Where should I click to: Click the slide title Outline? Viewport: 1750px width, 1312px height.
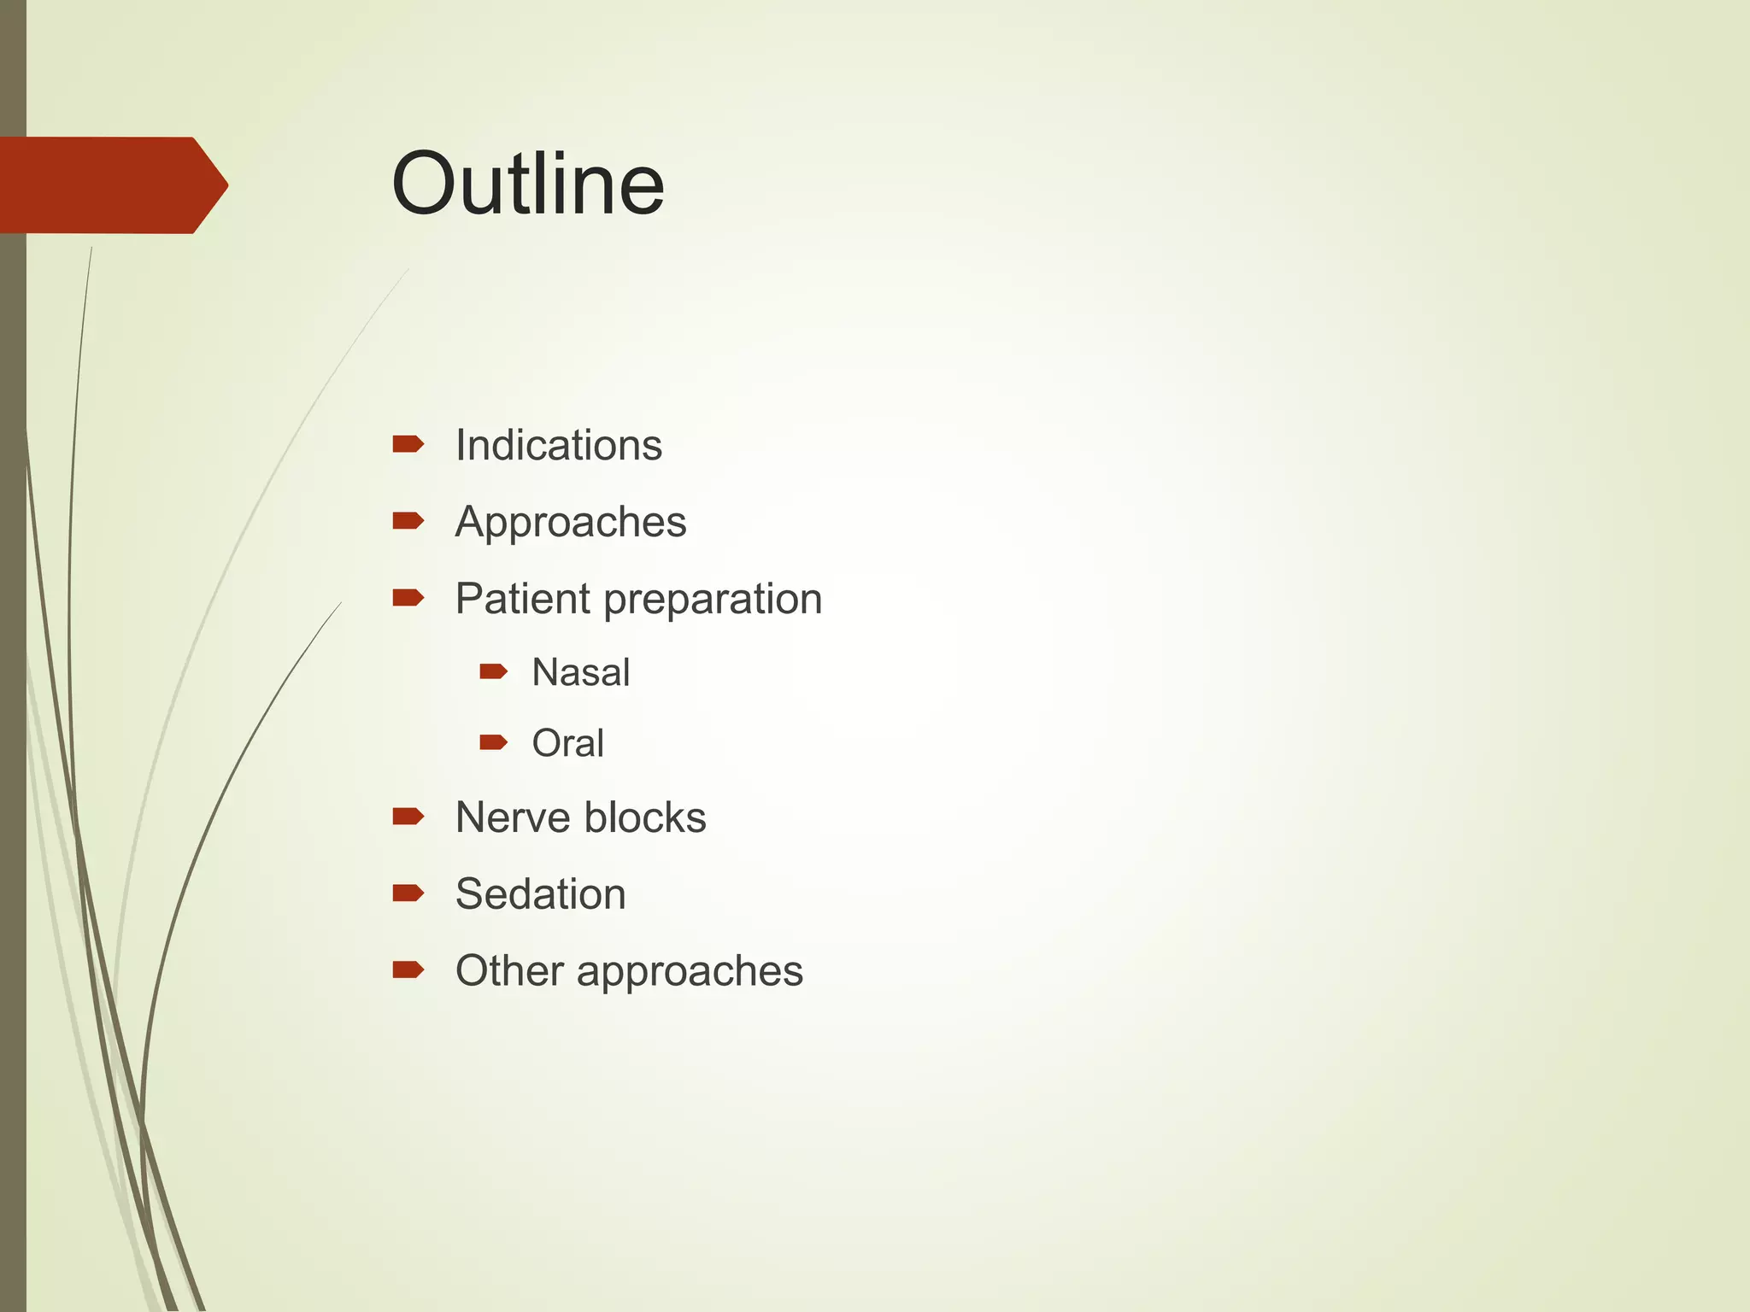pos(527,184)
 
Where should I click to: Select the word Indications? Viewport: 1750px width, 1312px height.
pos(558,445)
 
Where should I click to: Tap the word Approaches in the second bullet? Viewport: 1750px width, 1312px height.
pos(570,522)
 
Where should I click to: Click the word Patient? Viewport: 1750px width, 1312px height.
pos(522,598)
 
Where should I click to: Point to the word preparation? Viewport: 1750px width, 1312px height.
pos(712,600)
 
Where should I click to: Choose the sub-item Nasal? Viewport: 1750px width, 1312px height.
pos(580,672)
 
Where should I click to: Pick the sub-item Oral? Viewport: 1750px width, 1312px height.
pos(567,743)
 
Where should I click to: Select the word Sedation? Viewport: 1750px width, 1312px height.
pos(540,894)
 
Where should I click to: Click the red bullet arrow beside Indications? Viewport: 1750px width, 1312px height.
pos(408,444)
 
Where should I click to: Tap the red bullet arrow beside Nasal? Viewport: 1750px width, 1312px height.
pos(493,671)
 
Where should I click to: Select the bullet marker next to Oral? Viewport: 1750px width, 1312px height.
pos(493,742)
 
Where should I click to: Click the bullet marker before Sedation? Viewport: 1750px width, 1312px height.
pos(408,893)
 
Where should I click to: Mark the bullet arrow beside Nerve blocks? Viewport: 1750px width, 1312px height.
pos(408,817)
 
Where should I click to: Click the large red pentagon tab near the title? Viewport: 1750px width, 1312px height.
pos(111,184)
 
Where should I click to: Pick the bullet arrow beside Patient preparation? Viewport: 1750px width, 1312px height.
pos(408,598)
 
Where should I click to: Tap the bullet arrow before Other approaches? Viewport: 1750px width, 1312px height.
pos(408,969)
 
